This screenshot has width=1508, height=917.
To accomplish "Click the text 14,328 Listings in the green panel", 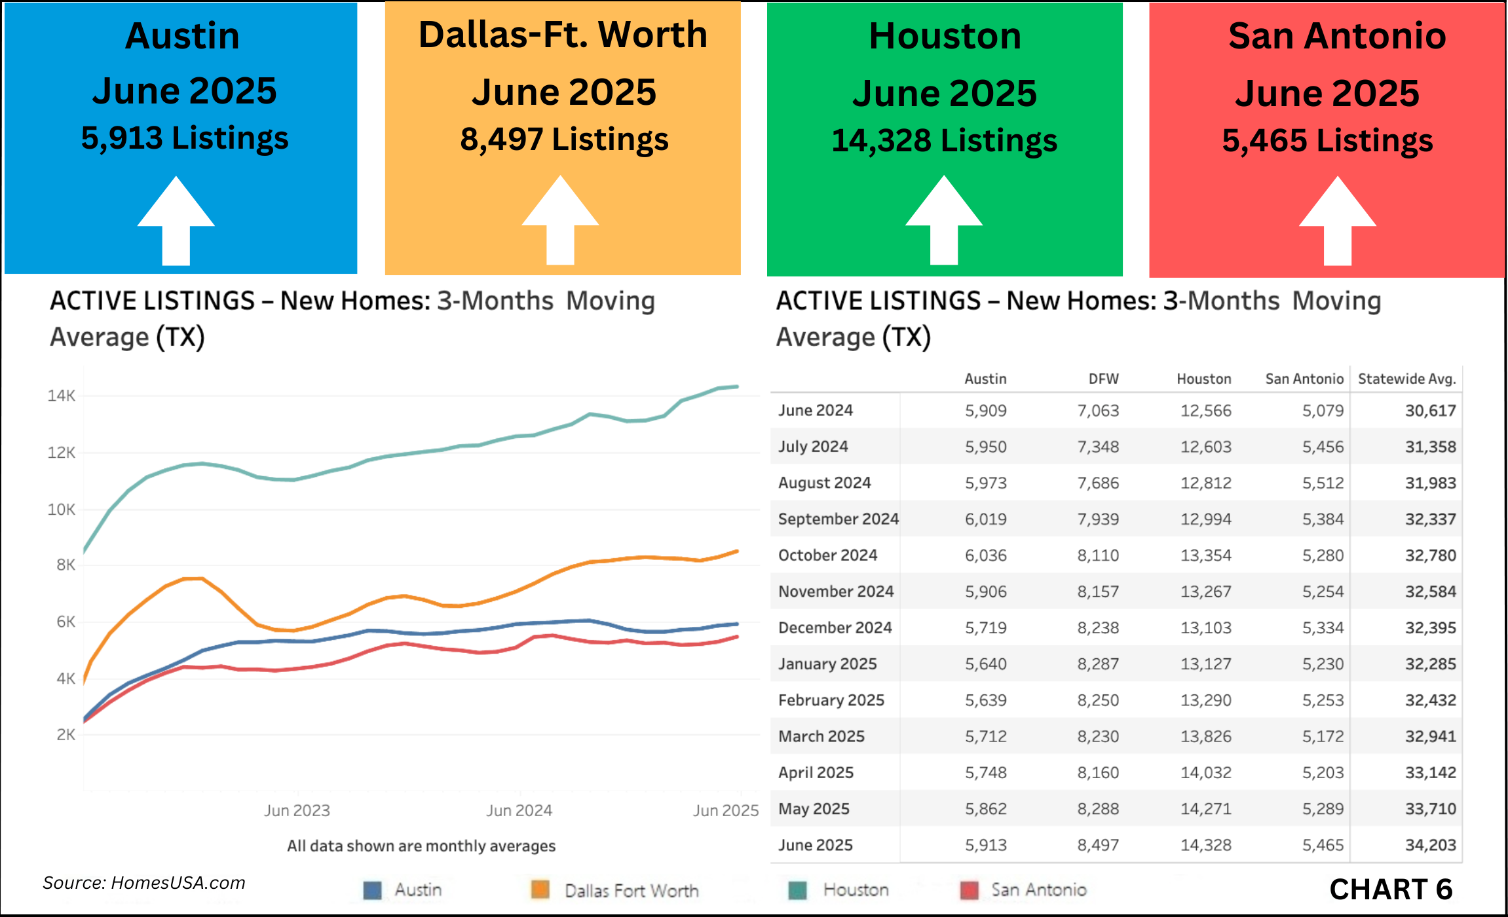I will (x=944, y=140).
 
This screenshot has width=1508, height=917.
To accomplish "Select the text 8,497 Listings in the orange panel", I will (x=564, y=139).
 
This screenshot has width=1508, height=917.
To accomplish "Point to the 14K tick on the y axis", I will (x=61, y=396).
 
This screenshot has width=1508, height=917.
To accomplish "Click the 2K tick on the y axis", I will (x=66, y=735).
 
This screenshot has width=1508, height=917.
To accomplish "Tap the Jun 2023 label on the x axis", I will (x=297, y=810).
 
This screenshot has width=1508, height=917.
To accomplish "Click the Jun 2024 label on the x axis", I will (x=519, y=810).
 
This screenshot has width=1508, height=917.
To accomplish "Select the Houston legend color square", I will (x=797, y=890).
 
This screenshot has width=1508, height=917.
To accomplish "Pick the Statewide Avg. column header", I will (x=1406, y=379).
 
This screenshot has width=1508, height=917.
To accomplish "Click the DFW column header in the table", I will (x=1103, y=379).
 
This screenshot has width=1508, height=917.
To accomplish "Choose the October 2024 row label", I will (x=827, y=555).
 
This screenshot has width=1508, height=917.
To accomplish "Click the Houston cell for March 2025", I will (x=1205, y=736).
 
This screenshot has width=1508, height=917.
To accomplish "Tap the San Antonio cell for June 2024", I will (x=1323, y=411).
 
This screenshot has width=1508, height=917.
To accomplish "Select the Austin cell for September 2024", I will (x=985, y=519).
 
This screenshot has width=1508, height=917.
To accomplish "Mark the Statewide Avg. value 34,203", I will (x=1430, y=845).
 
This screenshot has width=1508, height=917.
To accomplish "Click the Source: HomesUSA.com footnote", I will (x=144, y=883).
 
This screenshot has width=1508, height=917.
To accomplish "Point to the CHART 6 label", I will (x=1391, y=889).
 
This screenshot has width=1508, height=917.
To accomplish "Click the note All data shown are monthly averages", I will (x=421, y=846).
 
